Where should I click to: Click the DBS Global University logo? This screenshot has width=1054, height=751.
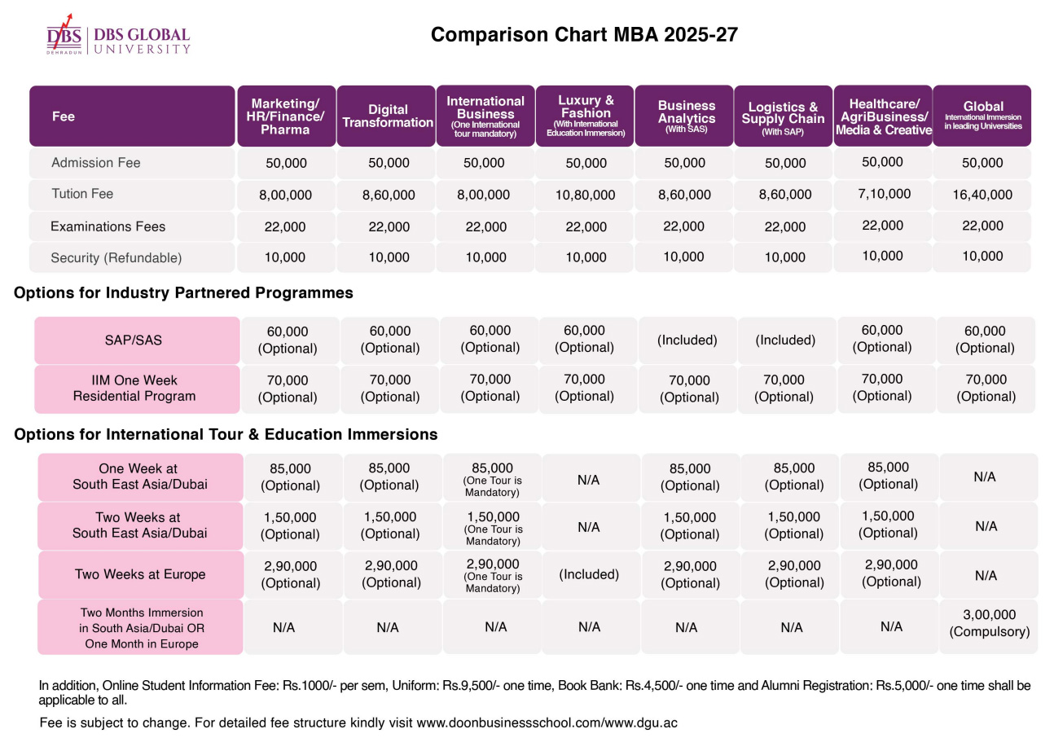click(118, 35)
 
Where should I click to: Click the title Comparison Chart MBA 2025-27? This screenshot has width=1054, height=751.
click(584, 35)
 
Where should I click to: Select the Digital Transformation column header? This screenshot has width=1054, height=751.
click(387, 116)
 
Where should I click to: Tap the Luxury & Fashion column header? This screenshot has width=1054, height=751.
click(586, 116)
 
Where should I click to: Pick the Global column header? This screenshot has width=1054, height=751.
click(982, 116)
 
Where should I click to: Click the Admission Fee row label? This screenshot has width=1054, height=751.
click(96, 163)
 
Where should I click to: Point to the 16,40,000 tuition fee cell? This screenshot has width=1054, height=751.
click(982, 195)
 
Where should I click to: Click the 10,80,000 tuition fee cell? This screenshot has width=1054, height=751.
click(586, 195)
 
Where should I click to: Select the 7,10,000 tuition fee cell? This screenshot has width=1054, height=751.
click(884, 194)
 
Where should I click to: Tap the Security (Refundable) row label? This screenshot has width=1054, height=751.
click(116, 258)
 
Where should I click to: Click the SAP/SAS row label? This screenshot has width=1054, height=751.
click(133, 340)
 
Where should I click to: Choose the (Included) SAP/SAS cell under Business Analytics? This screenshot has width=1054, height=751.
click(687, 340)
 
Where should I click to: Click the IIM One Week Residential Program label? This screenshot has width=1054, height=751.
click(134, 389)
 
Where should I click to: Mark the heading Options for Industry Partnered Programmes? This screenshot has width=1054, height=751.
click(183, 292)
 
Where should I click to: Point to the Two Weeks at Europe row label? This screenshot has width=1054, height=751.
click(140, 574)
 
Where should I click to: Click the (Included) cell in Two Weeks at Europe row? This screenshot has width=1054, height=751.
click(589, 574)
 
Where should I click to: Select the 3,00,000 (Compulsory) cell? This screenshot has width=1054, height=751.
click(989, 623)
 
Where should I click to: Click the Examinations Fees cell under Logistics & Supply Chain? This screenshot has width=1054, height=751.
click(785, 226)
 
